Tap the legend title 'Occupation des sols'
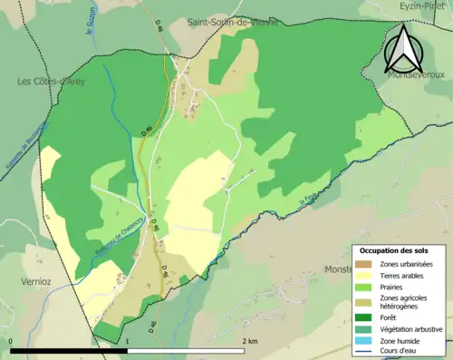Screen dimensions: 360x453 pyautogui.click(x=394, y=250)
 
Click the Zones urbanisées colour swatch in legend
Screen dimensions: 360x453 pyautogui.click(x=367, y=264)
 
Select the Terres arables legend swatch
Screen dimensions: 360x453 pyautogui.click(x=367, y=276)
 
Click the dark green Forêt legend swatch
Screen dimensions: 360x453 pyautogui.click(x=367, y=317)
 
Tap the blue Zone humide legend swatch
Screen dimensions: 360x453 pyautogui.click(x=367, y=340)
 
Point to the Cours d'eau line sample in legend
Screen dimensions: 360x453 pyautogui.click(x=367, y=351)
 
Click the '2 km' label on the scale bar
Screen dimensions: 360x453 pyautogui.click(x=251, y=341)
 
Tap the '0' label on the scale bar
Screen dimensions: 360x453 pyautogui.click(x=12, y=341)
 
